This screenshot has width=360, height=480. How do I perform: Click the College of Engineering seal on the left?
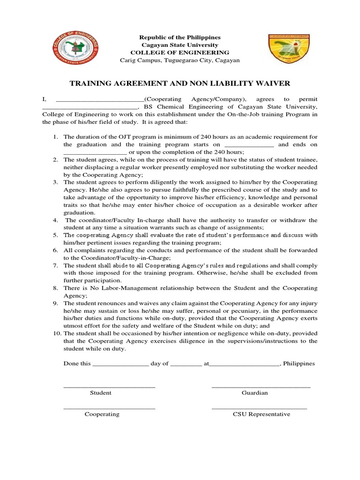click(76, 48)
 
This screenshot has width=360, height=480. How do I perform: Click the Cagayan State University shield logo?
click(284, 49)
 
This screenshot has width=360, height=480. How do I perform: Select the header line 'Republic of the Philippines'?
click(180, 37)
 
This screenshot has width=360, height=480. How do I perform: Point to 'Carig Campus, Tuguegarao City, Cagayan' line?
click(180, 60)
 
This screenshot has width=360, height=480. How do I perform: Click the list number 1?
click(54, 136)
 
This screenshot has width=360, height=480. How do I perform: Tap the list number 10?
click(54, 333)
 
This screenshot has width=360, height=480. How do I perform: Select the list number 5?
click(54, 235)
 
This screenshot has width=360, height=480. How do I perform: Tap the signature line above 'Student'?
click(109, 387)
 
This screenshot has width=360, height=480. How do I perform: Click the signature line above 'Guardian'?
click(261, 387)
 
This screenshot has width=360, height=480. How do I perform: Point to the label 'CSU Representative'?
click(262, 414)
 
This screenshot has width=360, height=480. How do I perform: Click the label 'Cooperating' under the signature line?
click(102, 414)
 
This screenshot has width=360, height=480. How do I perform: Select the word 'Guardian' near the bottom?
click(255, 393)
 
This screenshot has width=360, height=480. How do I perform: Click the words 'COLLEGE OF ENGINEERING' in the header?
click(180, 52)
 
